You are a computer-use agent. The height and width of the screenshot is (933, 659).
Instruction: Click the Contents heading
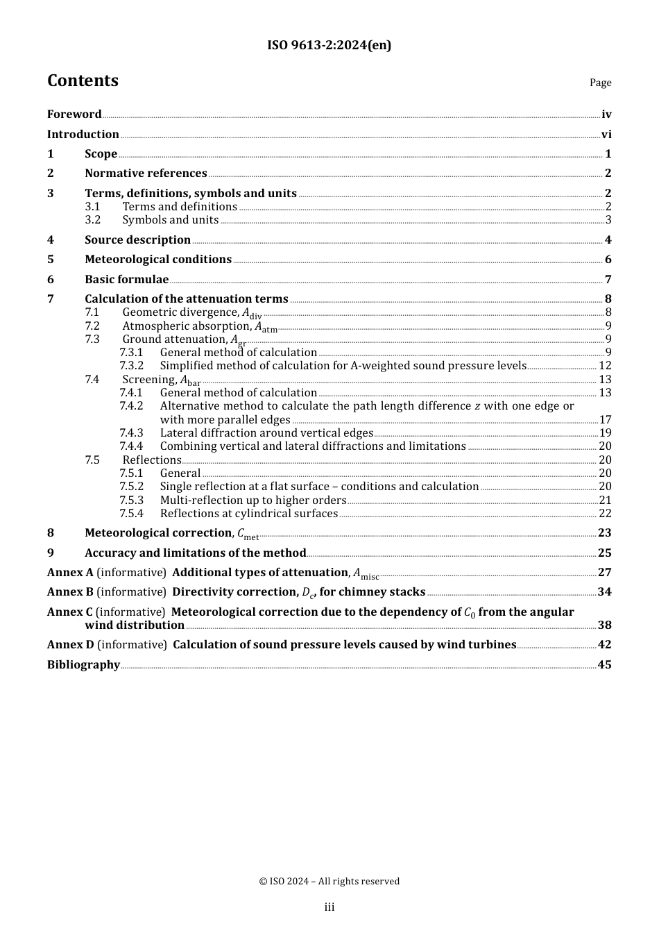pos(83,81)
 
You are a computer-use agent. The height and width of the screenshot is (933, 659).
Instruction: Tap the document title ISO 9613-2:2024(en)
pos(329,45)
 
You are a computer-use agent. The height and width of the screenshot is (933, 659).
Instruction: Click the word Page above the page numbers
pos(600,83)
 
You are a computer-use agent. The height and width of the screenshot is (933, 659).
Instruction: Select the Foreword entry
pos(74,115)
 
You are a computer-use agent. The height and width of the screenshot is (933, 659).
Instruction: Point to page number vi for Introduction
pos(606,135)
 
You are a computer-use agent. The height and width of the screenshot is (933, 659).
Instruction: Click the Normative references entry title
pos(146,174)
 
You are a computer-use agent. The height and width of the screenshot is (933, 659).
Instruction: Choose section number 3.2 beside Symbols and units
pos(93,220)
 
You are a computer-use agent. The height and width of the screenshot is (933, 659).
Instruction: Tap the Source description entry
pos(137,240)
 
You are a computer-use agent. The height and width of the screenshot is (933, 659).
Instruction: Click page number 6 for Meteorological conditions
pos(608,260)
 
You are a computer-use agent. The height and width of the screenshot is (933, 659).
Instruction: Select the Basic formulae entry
pos(126,280)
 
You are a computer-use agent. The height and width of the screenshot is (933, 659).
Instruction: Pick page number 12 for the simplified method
pos(605,366)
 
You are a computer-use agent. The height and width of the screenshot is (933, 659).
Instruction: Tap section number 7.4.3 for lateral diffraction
pos(131,433)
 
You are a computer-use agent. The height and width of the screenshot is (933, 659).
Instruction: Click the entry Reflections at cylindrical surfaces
pos(248,514)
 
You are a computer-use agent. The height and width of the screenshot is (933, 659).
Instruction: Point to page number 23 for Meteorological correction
pos(605,533)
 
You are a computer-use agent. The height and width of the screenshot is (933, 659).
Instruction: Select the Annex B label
pos(70,592)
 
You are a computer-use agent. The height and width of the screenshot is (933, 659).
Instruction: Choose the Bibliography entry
pos(83,665)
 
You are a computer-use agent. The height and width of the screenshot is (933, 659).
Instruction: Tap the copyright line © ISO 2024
pos(329,882)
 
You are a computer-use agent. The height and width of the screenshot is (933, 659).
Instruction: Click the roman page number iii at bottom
pos(329,907)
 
